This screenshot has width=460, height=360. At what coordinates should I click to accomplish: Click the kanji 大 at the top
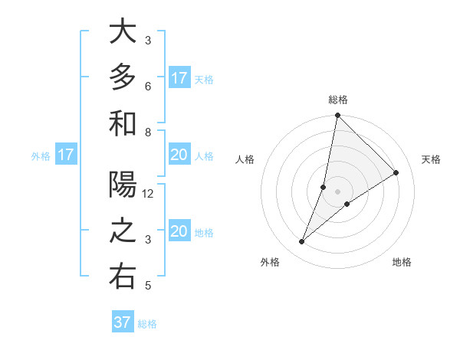pos(123,32)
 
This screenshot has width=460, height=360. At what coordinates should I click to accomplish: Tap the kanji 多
pos(123,77)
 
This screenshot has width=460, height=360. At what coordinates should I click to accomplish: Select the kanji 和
pos(123,123)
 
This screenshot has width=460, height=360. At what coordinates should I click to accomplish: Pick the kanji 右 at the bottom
pos(123,277)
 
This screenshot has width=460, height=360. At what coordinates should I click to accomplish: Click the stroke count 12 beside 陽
pos(149,194)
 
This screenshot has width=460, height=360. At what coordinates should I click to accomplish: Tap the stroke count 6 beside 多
pos(148,86)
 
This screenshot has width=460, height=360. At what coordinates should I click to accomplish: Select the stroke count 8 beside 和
pos(148,132)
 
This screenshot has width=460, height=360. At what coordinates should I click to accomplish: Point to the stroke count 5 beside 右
pos(148,286)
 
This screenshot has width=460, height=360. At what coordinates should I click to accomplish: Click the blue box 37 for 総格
pos(123,322)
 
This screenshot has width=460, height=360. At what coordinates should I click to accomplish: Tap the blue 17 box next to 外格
pos(66,155)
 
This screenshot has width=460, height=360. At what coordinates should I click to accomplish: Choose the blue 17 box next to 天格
pos(179,78)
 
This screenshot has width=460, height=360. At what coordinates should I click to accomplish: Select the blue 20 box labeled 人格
pos(179,155)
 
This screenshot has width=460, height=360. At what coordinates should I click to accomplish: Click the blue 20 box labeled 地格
pos(179,231)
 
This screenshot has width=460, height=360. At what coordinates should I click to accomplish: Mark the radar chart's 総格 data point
pos(337,116)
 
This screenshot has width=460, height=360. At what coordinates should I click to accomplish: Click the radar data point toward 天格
pos(396,172)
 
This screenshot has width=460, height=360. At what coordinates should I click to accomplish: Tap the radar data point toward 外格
pos(301,242)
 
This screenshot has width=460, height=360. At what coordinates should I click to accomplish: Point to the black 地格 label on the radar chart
pos(402,262)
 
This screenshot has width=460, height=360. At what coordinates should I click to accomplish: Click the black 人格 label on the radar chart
pos(245,159)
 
